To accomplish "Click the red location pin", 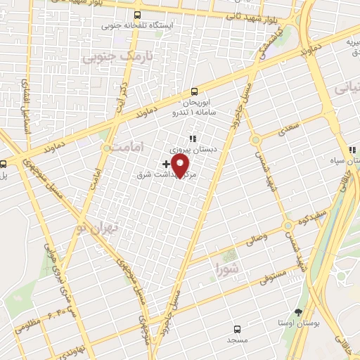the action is point(181,165).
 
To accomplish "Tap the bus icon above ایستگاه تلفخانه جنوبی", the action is point(137,15).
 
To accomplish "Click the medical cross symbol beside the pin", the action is point(166,163).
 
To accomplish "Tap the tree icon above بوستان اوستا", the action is point(299,311).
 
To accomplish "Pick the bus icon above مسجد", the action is point(237,328).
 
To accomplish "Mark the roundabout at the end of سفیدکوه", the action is point(288,226).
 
